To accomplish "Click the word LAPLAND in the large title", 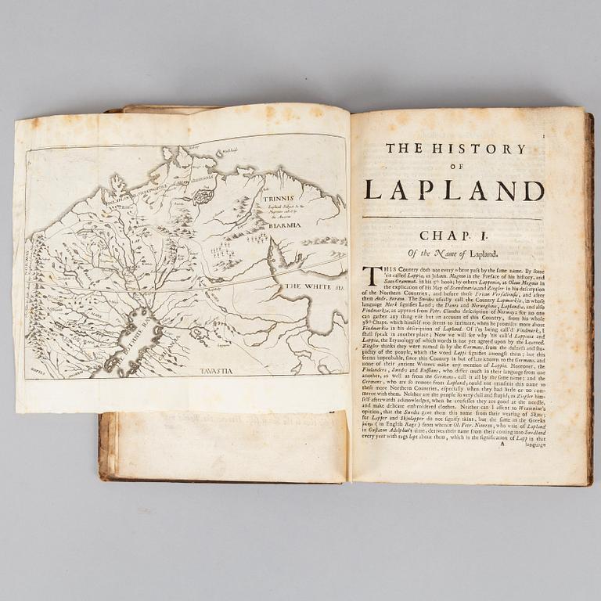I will pyautogui.click(x=454, y=190).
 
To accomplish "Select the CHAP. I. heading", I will pyautogui.click(x=454, y=236).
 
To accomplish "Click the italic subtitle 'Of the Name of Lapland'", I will pyautogui.click(x=453, y=252).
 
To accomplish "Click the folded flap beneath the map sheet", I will pyautogui.click(x=227, y=446).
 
